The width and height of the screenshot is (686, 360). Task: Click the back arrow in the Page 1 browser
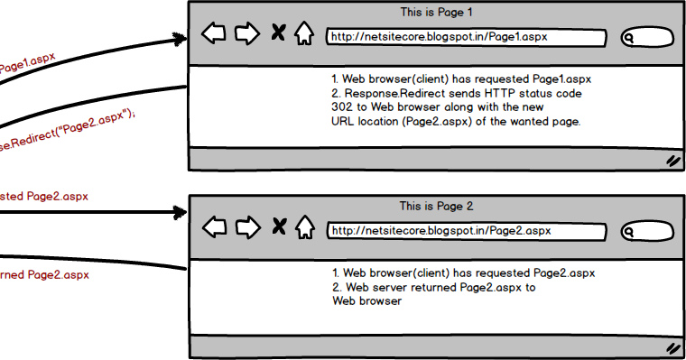click(214, 34)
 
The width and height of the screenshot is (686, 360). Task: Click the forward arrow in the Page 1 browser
click(246, 34)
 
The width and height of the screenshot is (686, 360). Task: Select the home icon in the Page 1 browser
click(304, 34)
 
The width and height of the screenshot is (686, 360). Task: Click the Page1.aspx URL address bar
click(466, 37)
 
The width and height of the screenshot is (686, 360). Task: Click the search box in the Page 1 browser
click(647, 38)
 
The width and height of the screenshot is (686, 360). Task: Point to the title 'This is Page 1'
click(436, 13)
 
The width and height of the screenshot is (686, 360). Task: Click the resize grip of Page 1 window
click(672, 161)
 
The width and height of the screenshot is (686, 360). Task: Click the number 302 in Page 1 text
click(343, 106)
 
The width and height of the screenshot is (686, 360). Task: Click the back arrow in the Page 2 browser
click(214, 227)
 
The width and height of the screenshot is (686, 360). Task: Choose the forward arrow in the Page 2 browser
click(246, 227)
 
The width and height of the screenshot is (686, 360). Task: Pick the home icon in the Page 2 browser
click(304, 227)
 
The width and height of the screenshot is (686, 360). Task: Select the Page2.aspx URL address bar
click(466, 231)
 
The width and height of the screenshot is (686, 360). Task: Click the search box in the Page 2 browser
click(647, 232)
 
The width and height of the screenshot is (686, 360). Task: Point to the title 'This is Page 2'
click(436, 207)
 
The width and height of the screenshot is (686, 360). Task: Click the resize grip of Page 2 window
click(672, 347)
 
